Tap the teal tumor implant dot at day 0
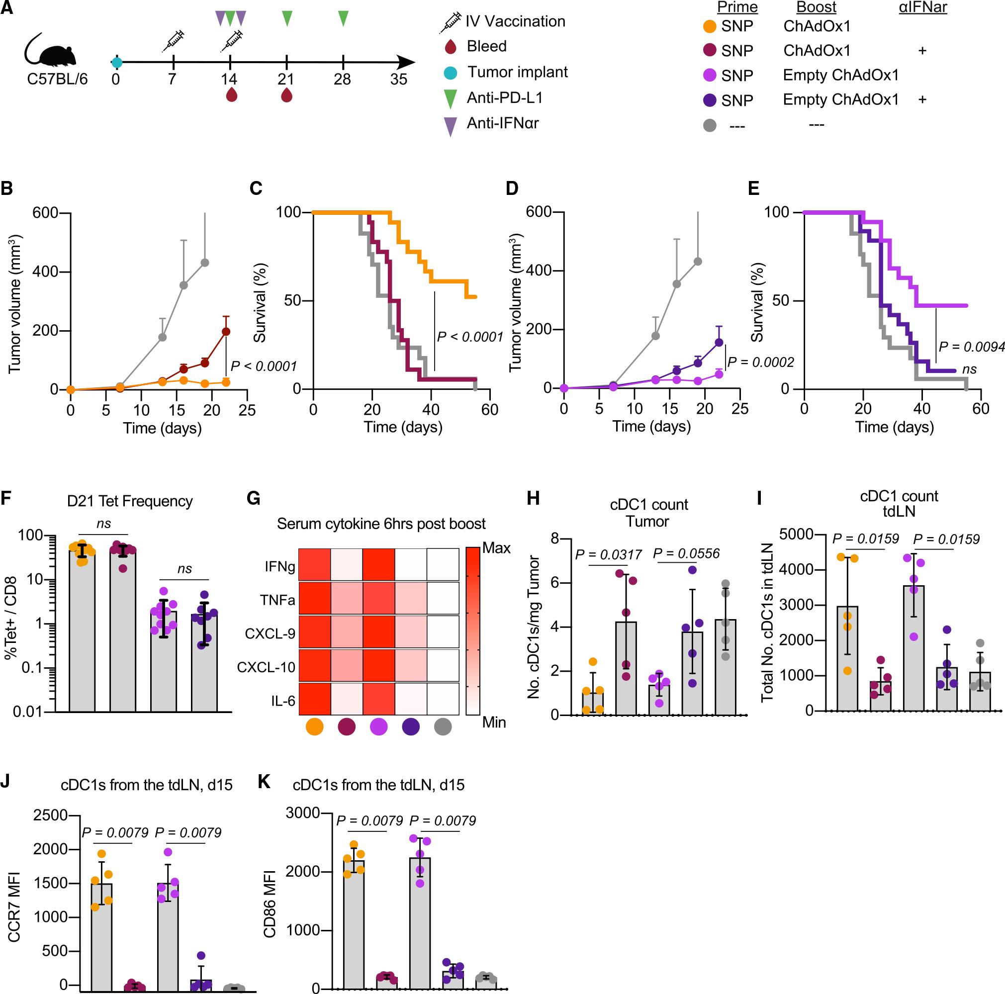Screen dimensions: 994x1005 tap(116, 63)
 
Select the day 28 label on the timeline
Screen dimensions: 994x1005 tap(342, 80)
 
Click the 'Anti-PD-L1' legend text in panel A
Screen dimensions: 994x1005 tap(505, 97)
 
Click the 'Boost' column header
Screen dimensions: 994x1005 tap(816, 7)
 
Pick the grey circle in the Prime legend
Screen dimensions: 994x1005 tap(710, 125)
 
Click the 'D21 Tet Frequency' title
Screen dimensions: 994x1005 tap(130, 501)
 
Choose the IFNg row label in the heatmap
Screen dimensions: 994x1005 tap(279, 566)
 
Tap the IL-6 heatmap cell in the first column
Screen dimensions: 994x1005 tap(314, 701)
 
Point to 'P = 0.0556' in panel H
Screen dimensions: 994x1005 tap(687, 553)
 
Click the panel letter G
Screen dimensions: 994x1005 tap(253, 499)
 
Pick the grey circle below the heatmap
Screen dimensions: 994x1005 tap(443, 726)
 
